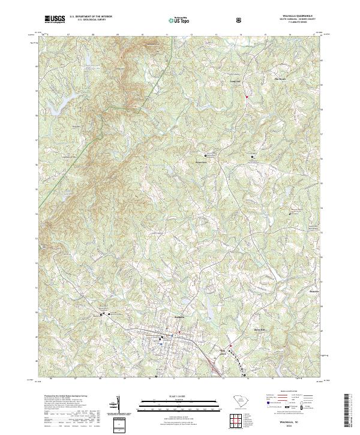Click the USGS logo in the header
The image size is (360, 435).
click(55, 20)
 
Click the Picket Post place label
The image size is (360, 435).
click(200, 161)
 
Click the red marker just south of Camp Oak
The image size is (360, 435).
click(245, 96)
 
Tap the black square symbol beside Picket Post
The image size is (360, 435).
click(210, 155)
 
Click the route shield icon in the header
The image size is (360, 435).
click(241, 20)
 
